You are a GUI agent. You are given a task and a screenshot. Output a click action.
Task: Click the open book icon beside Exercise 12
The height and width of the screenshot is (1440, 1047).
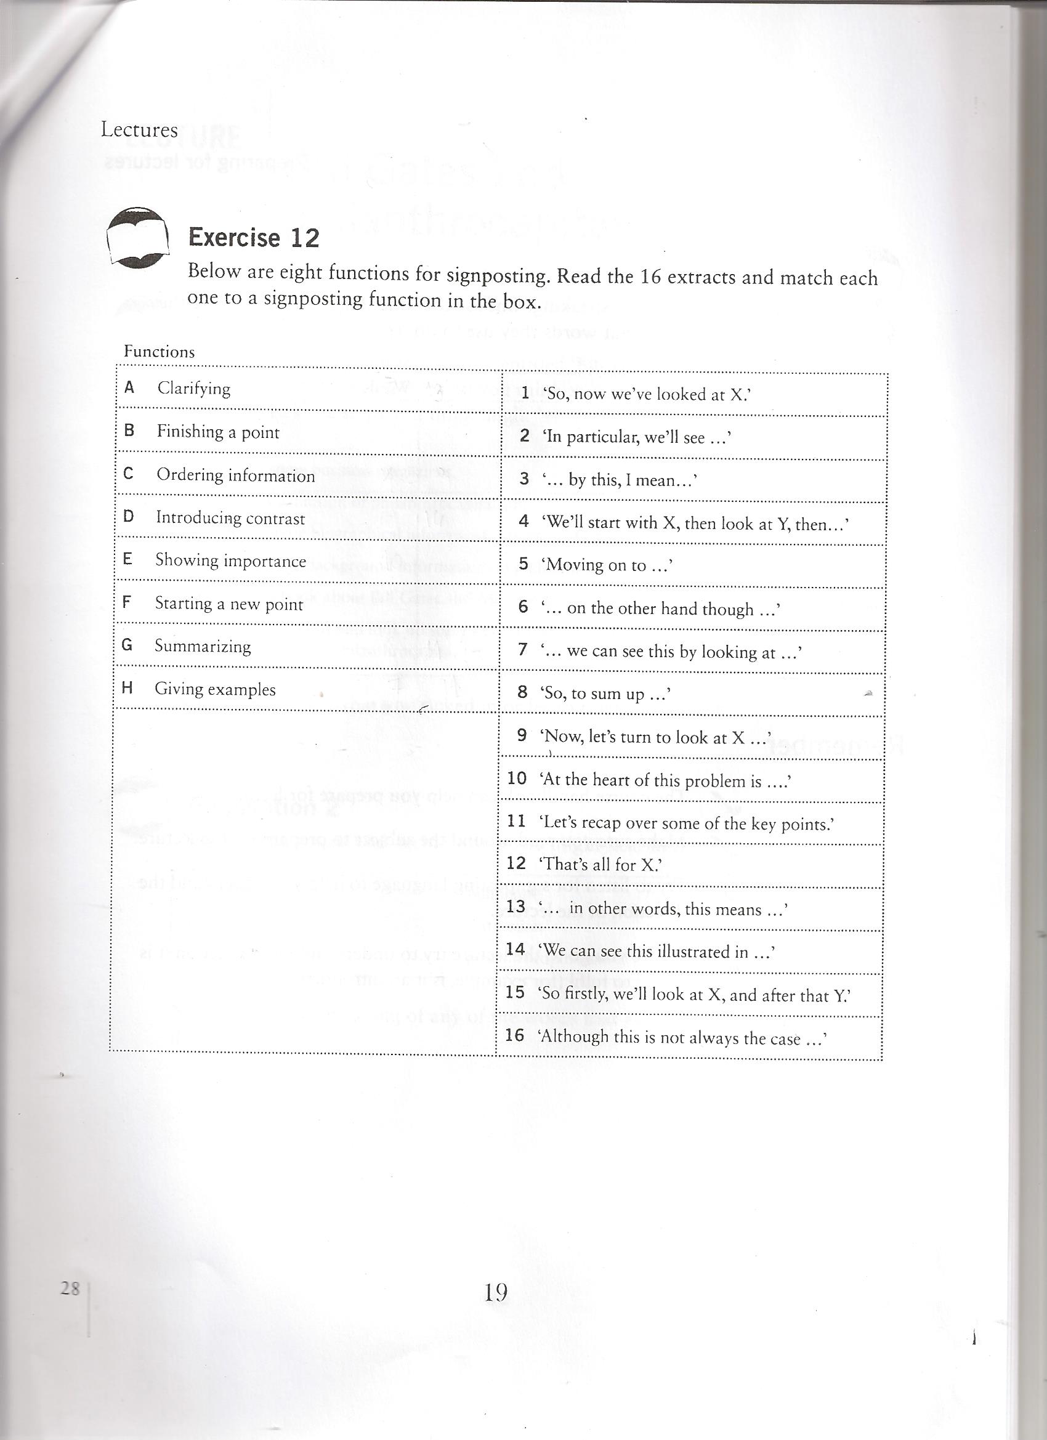click(138, 237)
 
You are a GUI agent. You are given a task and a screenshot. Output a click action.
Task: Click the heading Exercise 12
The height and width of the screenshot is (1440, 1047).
click(253, 238)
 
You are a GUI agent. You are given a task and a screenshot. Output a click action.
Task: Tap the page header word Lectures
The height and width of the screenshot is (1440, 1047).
click(139, 130)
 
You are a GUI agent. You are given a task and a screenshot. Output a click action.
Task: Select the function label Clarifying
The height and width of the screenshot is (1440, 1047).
click(193, 388)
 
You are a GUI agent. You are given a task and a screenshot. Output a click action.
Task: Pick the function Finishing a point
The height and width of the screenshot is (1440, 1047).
click(218, 432)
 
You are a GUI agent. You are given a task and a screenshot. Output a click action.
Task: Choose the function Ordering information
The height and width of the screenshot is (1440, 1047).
click(235, 475)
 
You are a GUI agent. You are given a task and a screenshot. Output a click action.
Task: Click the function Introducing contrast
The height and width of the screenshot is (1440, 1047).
click(230, 518)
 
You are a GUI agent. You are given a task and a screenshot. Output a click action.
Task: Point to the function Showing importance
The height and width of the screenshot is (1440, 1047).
click(230, 560)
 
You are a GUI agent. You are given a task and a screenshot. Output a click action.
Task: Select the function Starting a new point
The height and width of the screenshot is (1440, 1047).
click(228, 604)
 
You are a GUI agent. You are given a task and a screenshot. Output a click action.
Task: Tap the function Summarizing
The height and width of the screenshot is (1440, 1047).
click(203, 646)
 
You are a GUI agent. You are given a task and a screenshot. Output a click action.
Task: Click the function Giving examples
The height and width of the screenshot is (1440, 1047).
click(215, 690)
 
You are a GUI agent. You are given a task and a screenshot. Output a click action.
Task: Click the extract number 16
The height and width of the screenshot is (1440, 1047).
click(514, 1035)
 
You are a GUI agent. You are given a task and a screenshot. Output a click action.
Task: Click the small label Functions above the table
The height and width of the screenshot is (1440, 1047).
click(159, 352)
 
